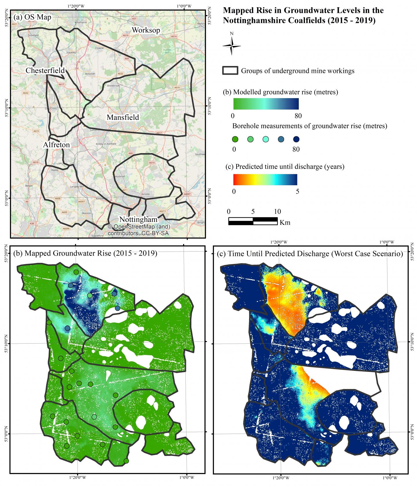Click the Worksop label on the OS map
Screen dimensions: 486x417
click(x=146, y=30)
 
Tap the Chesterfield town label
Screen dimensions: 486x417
click(x=45, y=70)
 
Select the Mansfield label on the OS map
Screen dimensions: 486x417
click(x=123, y=117)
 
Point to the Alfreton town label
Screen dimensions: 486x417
click(x=56, y=145)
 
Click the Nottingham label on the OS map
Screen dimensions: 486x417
click(x=138, y=219)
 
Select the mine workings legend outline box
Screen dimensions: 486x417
click(x=230, y=71)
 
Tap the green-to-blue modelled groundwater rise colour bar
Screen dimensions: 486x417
click(x=266, y=104)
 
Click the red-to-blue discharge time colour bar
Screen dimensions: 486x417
click(x=265, y=179)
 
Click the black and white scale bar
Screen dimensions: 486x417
click(x=253, y=221)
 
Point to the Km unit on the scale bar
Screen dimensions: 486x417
click(x=285, y=223)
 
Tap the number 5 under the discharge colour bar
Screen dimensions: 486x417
click(x=298, y=191)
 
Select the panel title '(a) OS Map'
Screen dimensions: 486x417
click(x=32, y=17)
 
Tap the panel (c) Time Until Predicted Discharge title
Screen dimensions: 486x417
click(x=310, y=254)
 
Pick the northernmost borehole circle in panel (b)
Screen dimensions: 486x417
click(x=76, y=272)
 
